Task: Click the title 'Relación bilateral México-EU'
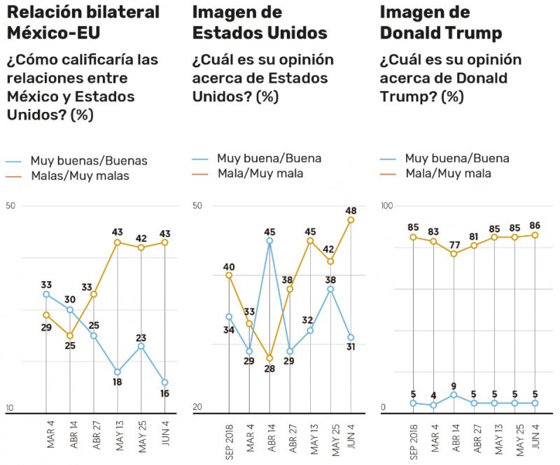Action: [83, 22]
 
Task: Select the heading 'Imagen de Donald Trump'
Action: [440, 22]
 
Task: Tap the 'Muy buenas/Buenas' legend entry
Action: [88, 161]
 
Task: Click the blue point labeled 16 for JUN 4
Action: [165, 382]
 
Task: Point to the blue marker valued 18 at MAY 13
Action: [117, 372]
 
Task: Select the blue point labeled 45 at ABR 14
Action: [269, 241]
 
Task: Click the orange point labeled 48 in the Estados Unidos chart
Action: [351, 220]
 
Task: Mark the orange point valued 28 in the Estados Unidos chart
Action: [269, 358]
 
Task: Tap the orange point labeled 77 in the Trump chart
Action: [454, 254]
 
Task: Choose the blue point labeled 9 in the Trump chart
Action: [454, 395]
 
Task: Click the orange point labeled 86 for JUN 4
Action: [535, 235]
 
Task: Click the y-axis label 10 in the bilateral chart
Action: [10, 408]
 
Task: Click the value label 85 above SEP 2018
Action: [413, 227]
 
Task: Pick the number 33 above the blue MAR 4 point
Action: [46, 285]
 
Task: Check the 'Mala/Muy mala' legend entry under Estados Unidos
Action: [260, 173]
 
